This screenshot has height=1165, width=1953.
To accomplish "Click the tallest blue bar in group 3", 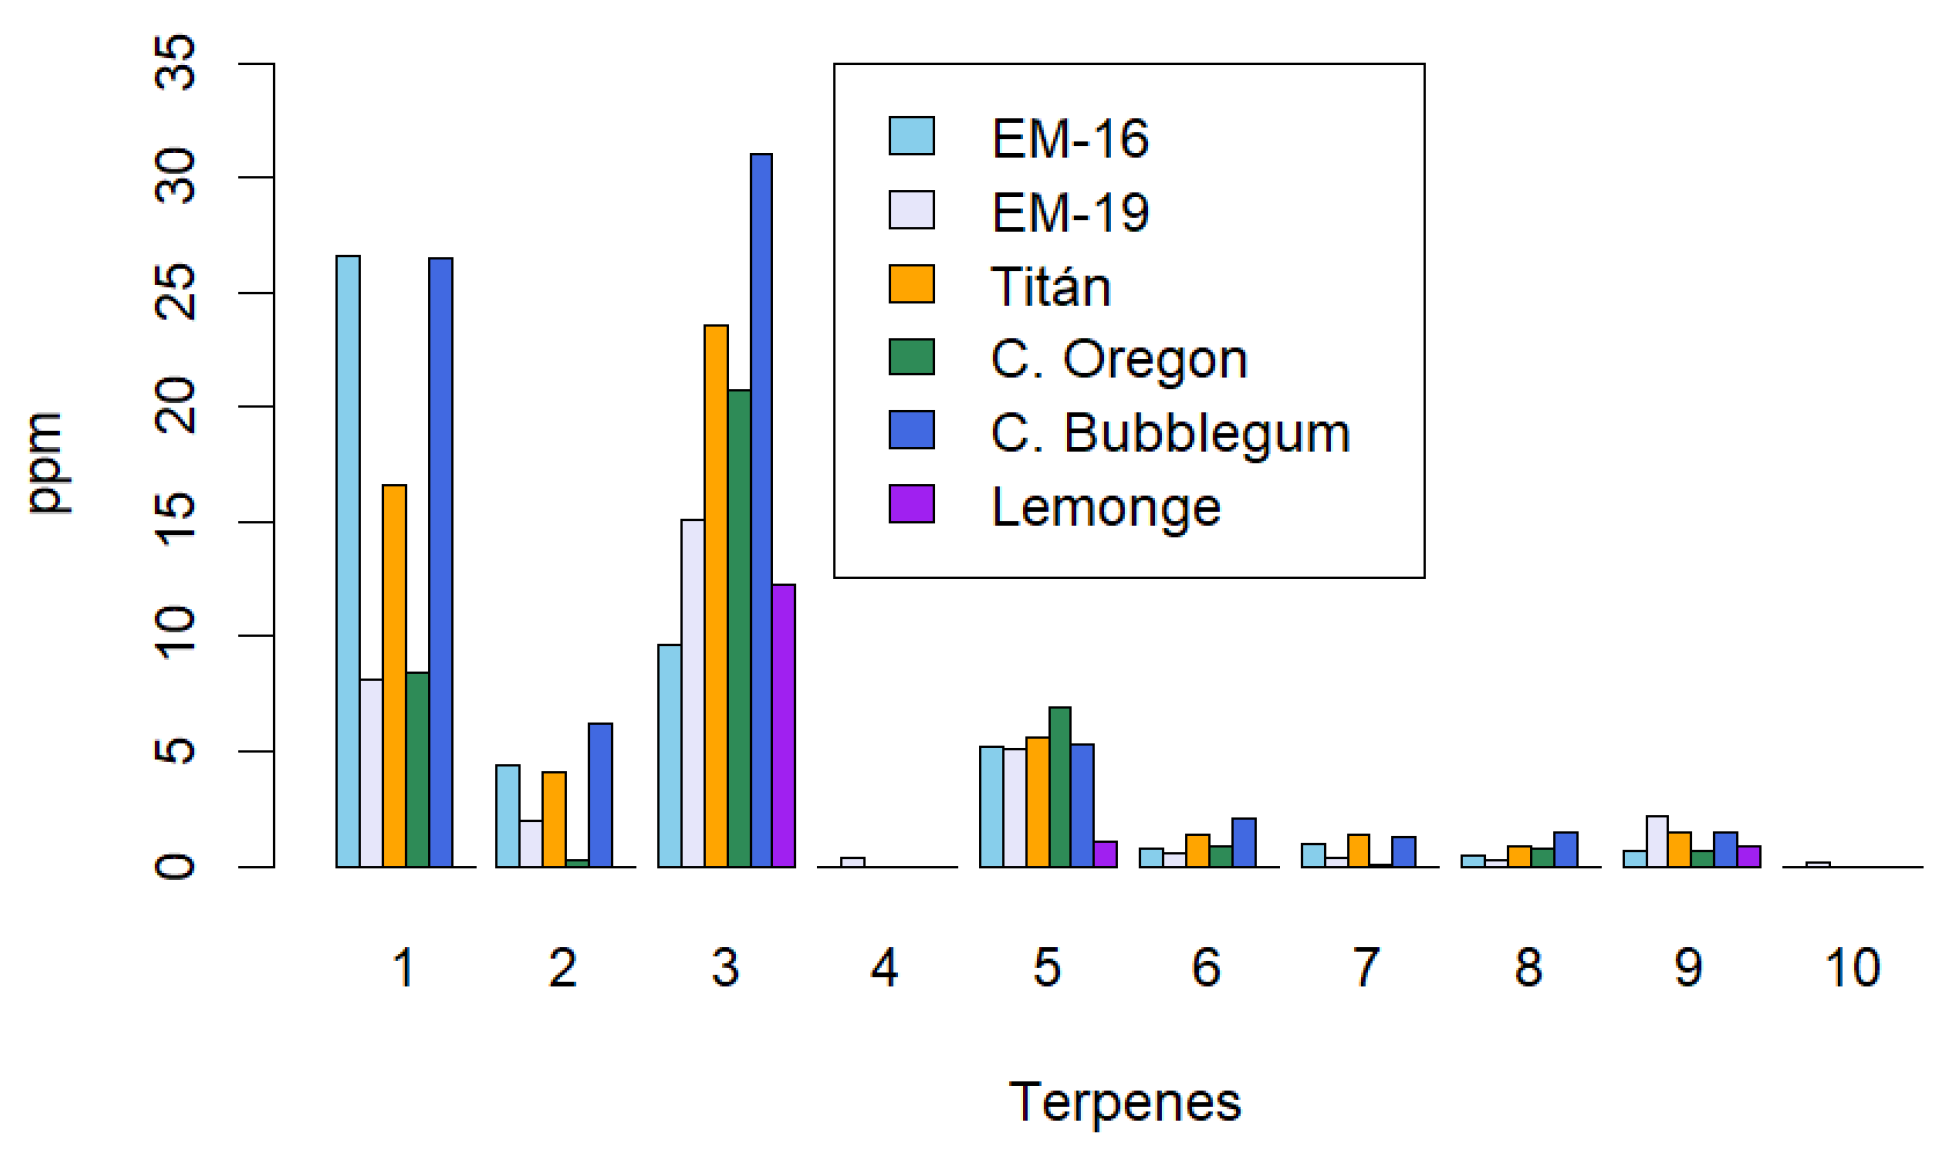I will tap(761, 510).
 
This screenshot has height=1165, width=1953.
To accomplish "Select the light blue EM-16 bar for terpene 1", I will tap(348, 561).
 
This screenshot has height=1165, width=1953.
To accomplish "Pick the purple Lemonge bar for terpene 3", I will tap(784, 726).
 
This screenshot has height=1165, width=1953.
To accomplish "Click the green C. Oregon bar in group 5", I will tap(1060, 787).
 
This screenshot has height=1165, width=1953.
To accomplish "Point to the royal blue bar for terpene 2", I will tap(600, 795).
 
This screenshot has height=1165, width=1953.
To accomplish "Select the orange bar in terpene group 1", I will tap(394, 676).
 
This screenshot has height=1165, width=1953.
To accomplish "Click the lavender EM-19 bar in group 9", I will tap(1657, 842).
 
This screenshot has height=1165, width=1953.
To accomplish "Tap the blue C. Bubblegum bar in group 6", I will tap(1244, 843).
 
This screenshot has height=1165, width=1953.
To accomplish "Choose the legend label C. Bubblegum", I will tap(1170, 433).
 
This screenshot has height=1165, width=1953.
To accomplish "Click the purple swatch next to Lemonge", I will tap(911, 504).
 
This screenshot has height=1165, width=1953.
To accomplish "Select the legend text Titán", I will tap(1050, 287).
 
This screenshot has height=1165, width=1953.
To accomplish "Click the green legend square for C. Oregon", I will tap(911, 357).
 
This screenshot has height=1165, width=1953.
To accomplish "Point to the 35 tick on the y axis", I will tap(177, 62).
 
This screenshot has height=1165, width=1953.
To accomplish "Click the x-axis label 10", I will tap(1852, 968).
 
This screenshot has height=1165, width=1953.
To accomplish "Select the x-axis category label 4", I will tap(884, 968).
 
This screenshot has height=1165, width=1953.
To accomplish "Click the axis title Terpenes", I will tap(1125, 1102).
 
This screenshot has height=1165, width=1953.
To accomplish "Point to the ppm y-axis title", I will tap(45, 464).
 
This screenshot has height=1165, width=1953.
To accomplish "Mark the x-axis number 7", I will tap(1366, 968).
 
